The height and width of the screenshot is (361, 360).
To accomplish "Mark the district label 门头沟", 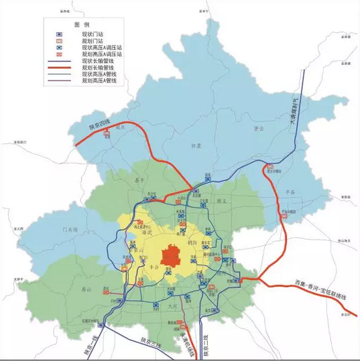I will click(x=70, y=230).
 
